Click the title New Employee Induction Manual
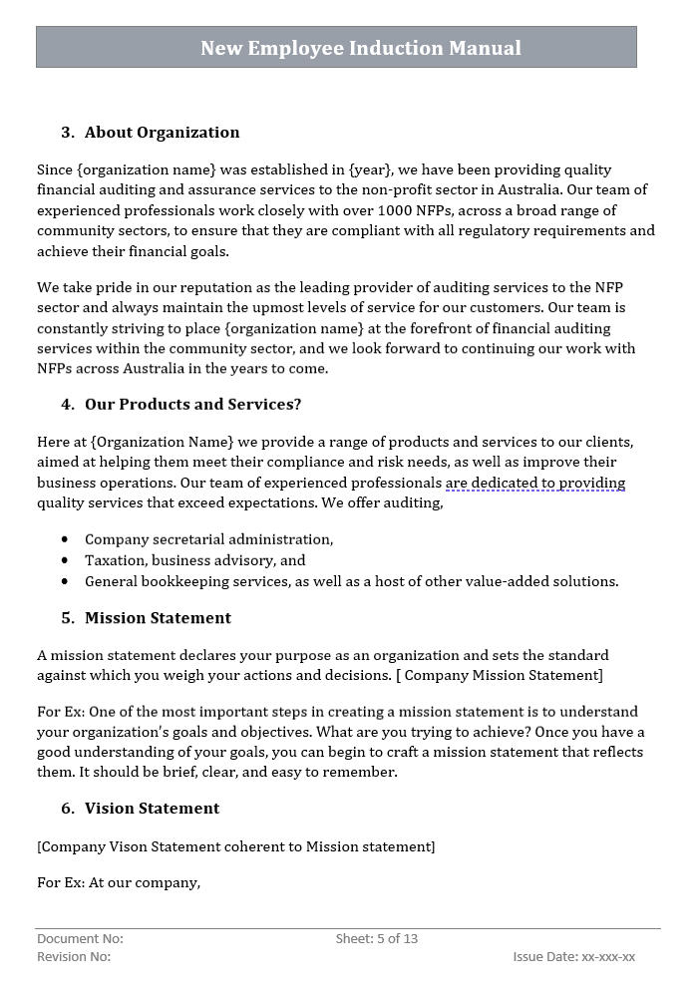[360, 48]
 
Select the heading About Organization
[162, 133]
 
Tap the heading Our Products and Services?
[192, 404]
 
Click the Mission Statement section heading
[158, 618]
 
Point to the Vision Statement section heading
[152, 809]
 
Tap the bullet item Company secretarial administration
[208, 539]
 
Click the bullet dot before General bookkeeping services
[65, 581]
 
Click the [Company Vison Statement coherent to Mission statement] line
[235, 846]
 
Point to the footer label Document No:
[80, 938]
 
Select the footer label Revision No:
[74, 957]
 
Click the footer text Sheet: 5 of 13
[377, 938]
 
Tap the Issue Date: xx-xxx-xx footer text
[573, 957]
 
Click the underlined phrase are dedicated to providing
[534, 483]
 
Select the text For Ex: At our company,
[119, 882]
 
